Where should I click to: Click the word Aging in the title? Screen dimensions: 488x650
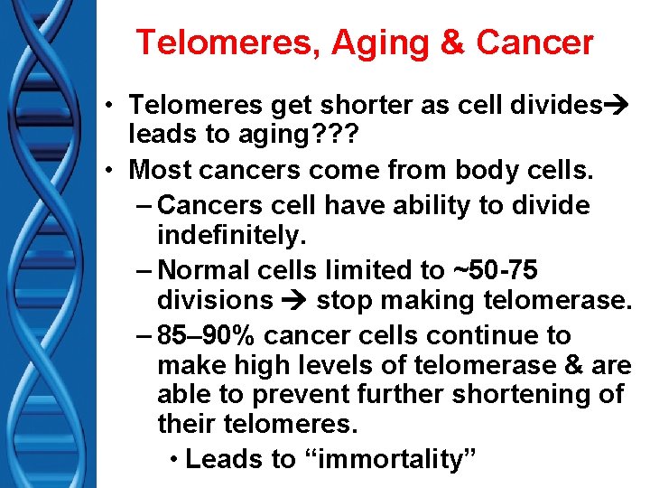tap(393, 42)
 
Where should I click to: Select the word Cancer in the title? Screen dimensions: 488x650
tap(535, 42)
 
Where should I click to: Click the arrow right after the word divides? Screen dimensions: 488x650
tap(616, 106)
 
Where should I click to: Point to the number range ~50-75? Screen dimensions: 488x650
tap(495, 269)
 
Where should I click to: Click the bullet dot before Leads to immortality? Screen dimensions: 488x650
tap(174, 459)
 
